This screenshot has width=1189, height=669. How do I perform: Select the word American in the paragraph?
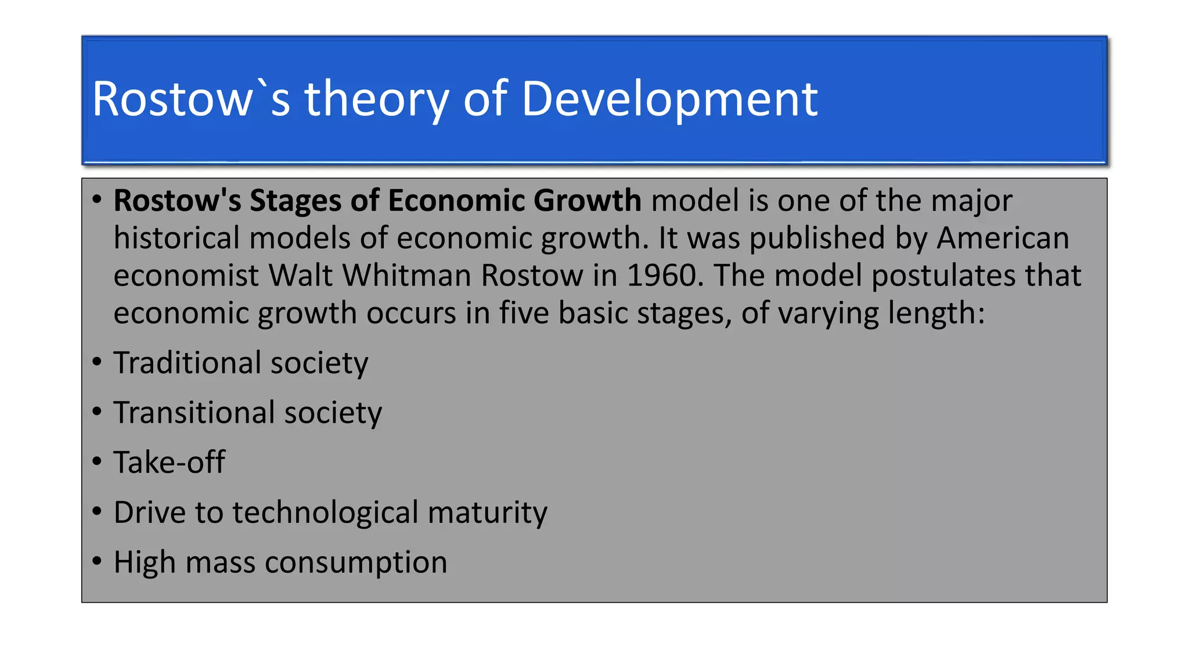1003,238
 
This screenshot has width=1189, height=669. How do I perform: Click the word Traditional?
187,363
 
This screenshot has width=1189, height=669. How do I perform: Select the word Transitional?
194,413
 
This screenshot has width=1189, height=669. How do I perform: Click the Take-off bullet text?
169,463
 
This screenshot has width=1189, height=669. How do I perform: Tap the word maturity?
487,513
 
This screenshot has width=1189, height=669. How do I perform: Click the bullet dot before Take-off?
97,462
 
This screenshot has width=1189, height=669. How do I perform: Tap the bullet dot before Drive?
97,512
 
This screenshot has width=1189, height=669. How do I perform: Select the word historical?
176,238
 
